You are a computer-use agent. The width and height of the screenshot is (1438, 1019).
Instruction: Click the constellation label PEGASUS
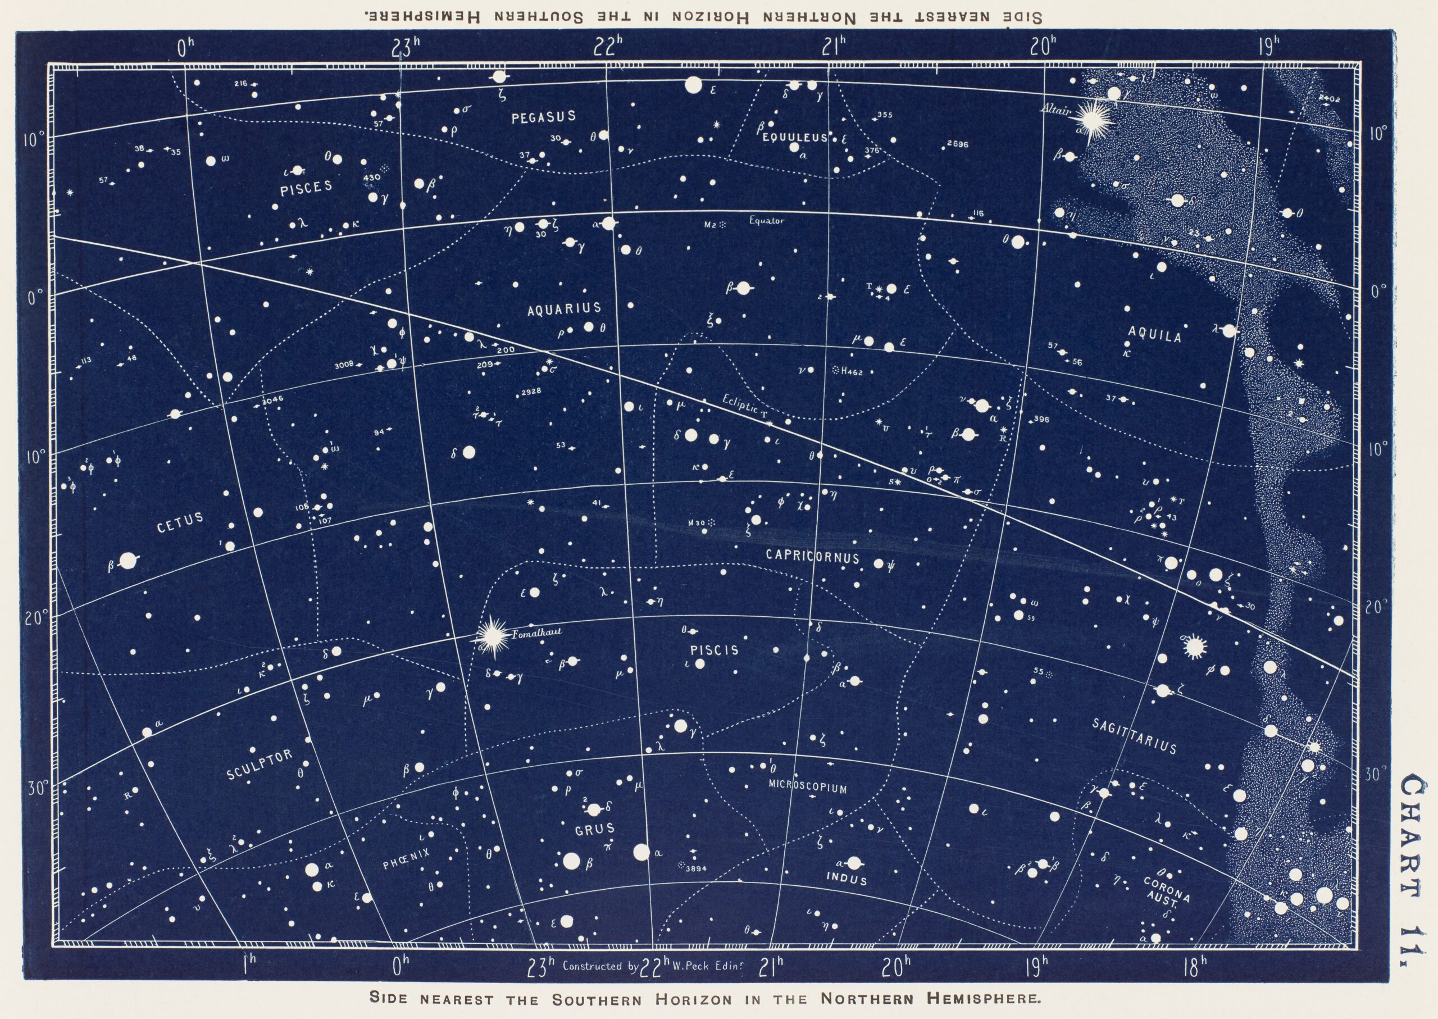coord(543,117)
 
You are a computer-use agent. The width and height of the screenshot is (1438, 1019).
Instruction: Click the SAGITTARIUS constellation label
coord(1134,735)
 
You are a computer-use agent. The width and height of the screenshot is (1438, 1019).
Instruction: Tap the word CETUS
coord(180,521)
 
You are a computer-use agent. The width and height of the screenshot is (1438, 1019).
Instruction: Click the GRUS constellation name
coord(595,829)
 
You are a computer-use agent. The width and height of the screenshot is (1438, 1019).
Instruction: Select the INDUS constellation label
coord(847,879)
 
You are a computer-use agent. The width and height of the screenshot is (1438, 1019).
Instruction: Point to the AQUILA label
coord(1154,336)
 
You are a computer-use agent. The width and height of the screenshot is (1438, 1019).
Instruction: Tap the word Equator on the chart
coord(766,221)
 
